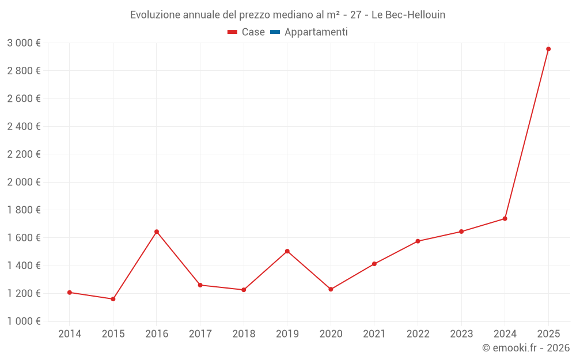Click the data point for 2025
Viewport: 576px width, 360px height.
pyautogui.click(x=548, y=49)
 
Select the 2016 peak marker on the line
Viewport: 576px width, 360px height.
pyautogui.click(x=157, y=232)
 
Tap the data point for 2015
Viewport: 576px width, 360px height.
pyautogui.click(x=113, y=299)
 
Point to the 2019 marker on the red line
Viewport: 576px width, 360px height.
pyautogui.click(x=287, y=251)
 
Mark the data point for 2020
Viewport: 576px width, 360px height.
pyautogui.click(x=331, y=289)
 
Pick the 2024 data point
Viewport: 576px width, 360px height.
pyautogui.click(x=505, y=218)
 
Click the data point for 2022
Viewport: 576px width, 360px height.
pyautogui.click(x=418, y=241)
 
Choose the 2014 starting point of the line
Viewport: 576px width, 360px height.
pyautogui.click(x=70, y=293)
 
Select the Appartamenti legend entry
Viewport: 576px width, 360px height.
pyautogui.click(x=316, y=32)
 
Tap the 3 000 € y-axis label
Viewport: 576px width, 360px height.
pyautogui.click(x=24, y=43)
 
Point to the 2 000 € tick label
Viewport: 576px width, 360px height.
pyautogui.click(x=24, y=182)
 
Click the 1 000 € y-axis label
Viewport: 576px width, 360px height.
pyautogui.click(x=24, y=321)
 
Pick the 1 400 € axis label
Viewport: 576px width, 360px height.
pyautogui.click(x=24, y=266)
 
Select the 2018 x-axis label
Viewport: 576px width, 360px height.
pyautogui.click(x=244, y=334)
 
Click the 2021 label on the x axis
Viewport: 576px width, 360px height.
pyautogui.click(x=374, y=334)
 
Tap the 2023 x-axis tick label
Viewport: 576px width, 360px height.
pyautogui.click(x=461, y=334)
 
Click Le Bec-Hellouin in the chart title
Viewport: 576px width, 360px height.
pyautogui.click(x=408, y=14)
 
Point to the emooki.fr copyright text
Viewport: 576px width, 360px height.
pyautogui.click(x=526, y=348)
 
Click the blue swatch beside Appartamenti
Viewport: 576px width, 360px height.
pyautogui.click(x=275, y=32)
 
